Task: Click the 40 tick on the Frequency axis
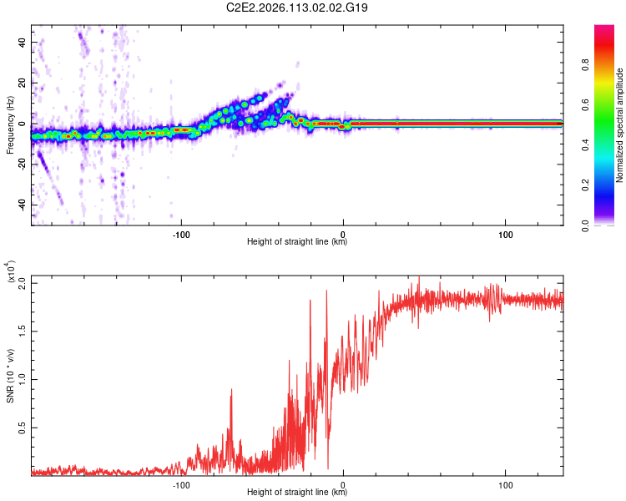click(23, 42)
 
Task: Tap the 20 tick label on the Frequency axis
click(23, 83)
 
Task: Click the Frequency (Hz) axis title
click(10, 125)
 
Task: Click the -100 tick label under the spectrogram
click(181, 235)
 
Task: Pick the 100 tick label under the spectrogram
click(505, 235)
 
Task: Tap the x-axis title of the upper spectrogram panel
click(297, 243)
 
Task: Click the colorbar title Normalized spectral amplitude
click(620, 125)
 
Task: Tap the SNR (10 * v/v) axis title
click(10, 375)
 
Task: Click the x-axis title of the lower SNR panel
click(297, 493)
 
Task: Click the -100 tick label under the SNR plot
click(181, 485)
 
